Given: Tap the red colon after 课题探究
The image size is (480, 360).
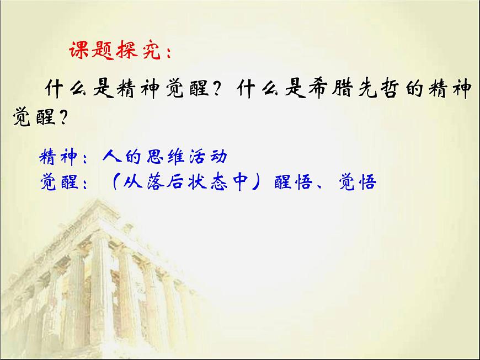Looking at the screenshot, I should [x=167, y=53].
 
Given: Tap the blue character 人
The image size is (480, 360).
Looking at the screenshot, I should [x=110, y=157].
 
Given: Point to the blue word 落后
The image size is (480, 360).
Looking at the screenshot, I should [x=164, y=182].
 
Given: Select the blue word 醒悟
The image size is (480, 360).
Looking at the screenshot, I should [x=295, y=182].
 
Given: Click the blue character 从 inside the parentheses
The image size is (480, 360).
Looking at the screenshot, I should [x=133, y=182].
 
